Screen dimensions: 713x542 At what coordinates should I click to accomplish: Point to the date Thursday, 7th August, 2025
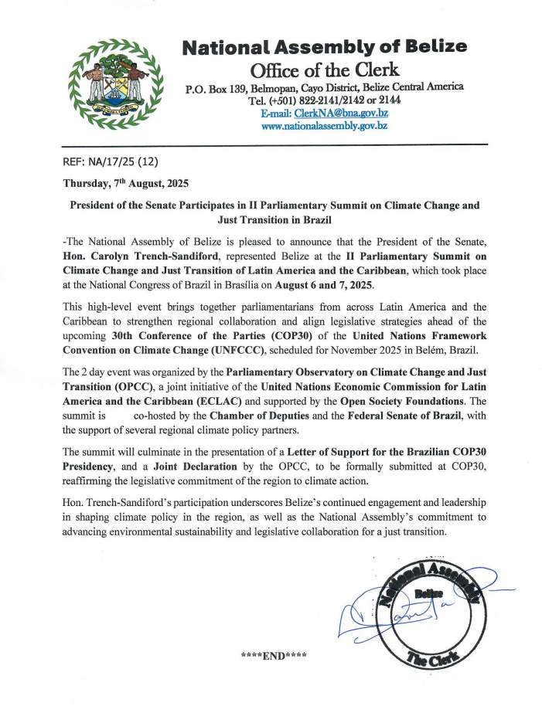[124, 185]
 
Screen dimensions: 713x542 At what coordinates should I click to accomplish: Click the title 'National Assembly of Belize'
[324, 46]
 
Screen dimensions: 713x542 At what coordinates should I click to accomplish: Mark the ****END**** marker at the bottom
[274, 656]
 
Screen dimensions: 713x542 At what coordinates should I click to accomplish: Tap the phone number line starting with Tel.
[324, 100]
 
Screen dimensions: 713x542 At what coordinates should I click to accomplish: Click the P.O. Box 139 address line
[324, 87]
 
